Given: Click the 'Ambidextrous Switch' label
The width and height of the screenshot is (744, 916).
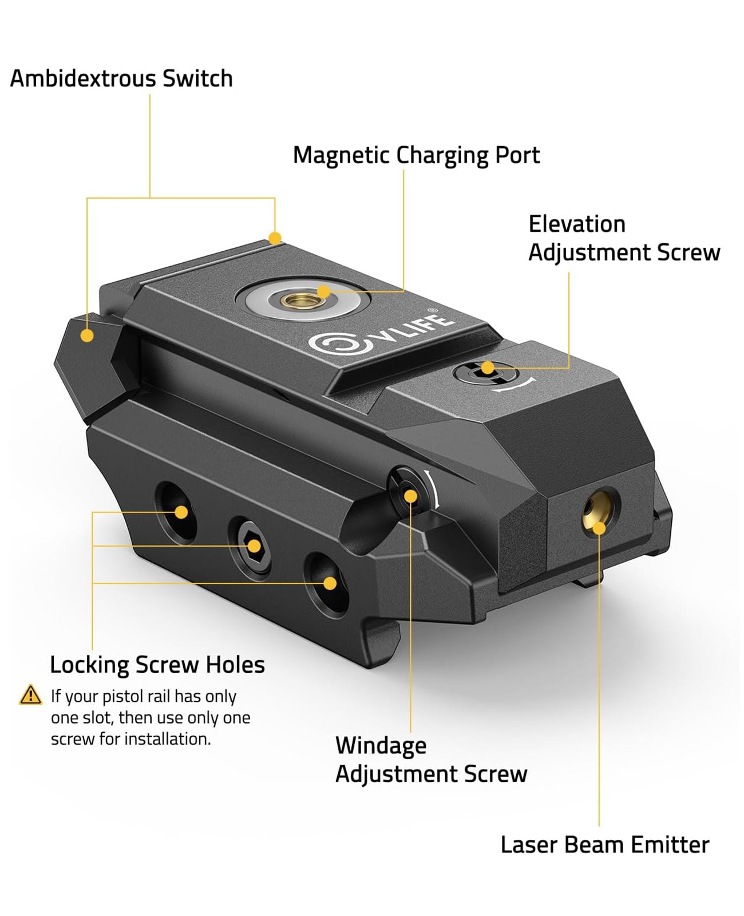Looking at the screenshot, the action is pos(121,78).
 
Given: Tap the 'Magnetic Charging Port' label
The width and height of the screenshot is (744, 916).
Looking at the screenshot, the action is pos(416,155).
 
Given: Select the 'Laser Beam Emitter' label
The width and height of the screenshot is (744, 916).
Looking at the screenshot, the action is pos(605,844).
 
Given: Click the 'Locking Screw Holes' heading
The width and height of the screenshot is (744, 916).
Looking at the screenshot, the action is pos(157,665).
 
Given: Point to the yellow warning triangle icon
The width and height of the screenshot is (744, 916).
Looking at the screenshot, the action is pos(30,696).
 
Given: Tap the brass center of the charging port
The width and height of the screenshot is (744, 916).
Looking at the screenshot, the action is pos(303,299).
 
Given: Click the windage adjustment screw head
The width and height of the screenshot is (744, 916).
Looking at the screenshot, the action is pos(408,492).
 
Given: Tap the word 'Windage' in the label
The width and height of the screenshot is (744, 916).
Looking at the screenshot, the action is pos(381,746).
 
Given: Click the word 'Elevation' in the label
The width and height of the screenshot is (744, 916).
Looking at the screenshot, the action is pos(577,224).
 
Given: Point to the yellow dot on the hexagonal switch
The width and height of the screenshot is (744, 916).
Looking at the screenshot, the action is pos(87,335).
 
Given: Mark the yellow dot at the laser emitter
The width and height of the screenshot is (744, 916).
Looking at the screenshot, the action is pos(599,528).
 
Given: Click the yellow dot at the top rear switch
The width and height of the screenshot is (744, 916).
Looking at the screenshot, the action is pos(275,238).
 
